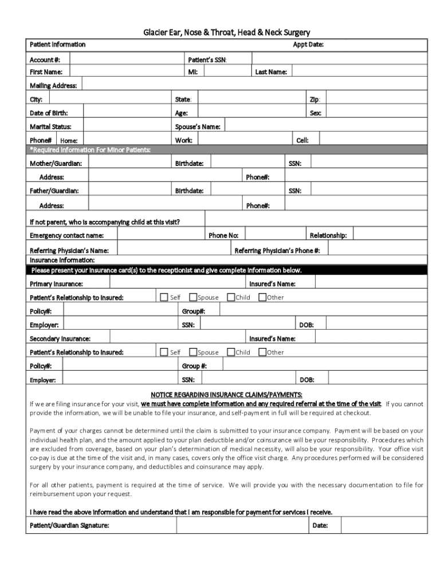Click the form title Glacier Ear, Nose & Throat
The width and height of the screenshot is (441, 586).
(226, 33)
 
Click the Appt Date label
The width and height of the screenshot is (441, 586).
(308, 45)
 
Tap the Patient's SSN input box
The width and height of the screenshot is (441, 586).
(338, 59)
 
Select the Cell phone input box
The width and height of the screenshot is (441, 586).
(373, 140)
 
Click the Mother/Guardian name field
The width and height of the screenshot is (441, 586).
(129, 164)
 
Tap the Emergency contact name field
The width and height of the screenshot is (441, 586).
(161, 235)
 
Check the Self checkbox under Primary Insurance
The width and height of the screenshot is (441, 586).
(164, 297)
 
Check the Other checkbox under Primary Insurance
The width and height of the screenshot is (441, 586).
(262, 297)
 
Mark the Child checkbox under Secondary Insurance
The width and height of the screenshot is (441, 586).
(231, 352)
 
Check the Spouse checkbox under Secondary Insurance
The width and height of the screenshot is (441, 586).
(193, 352)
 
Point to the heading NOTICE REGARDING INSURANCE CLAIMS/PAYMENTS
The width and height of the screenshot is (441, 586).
(226, 394)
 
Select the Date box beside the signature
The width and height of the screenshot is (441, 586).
(384, 525)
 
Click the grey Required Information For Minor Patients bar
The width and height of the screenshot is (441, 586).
(226, 150)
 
